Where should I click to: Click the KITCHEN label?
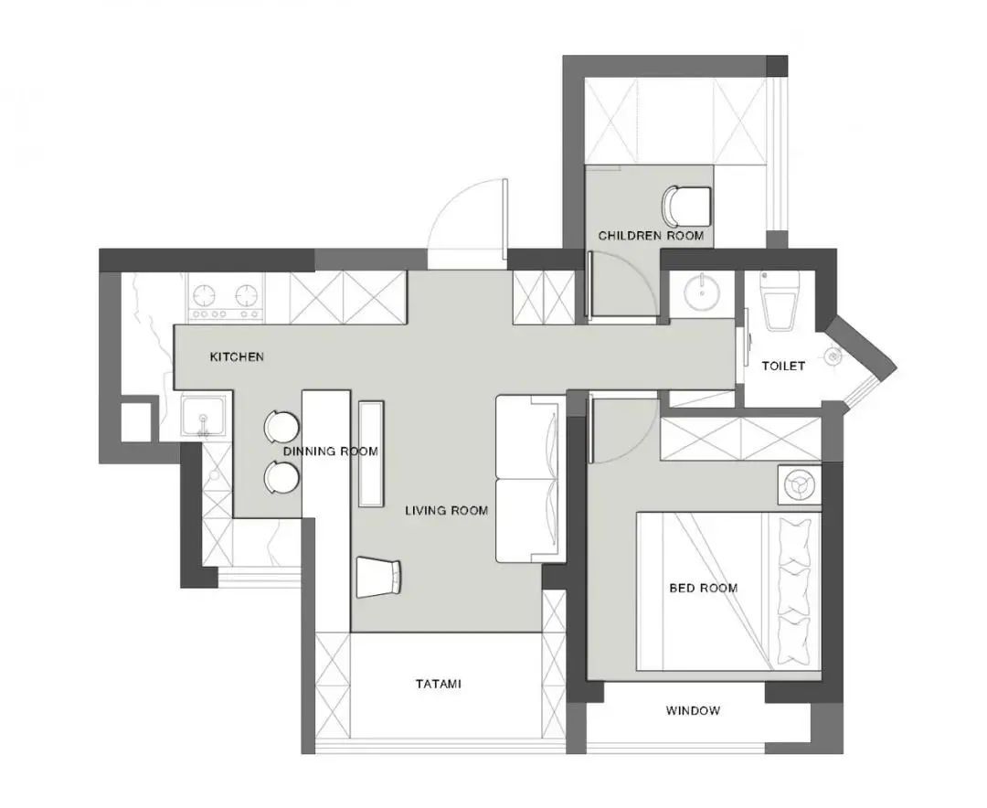(x=237, y=356)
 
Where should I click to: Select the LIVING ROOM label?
(x=446, y=511)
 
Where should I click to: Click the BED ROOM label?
(x=704, y=588)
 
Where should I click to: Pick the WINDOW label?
(x=693, y=711)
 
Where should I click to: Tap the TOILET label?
(x=784, y=367)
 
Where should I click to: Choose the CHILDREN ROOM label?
(x=651, y=236)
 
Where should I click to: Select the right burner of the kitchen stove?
(x=246, y=295)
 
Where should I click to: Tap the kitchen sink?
(x=202, y=419)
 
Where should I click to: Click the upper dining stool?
(x=280, y=426)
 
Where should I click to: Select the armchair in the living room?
(x=378, y=577)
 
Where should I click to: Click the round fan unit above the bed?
(x=798, y=484)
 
